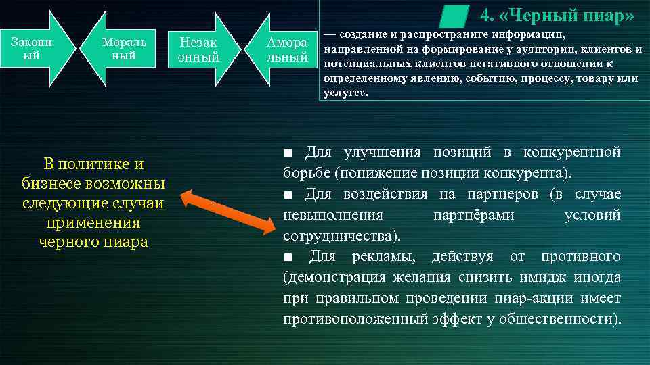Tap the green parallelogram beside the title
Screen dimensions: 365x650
coord(454,15)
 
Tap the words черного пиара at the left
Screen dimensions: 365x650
coord(93,242)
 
